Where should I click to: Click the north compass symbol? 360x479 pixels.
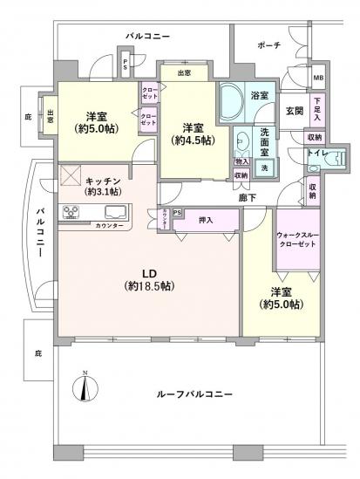pyautogui.click(x=85, y=389)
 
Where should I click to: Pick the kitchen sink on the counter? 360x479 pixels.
pyautogui.click(x=115, y=211)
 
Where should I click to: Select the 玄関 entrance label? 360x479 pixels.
pyautogui.click(x=293, y=110)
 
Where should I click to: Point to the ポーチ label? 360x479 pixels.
pyautogui.click(x=268, y=44)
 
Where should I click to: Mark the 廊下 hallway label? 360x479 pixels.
pyautogui.click(x=248, y=199)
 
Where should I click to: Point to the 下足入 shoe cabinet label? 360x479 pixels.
pyautogui.click(x=316, y=108)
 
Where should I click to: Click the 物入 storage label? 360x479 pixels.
pyautogui.click(x=241, y=161)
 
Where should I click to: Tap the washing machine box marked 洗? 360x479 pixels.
pyautogui.click(x=263, y=166)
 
